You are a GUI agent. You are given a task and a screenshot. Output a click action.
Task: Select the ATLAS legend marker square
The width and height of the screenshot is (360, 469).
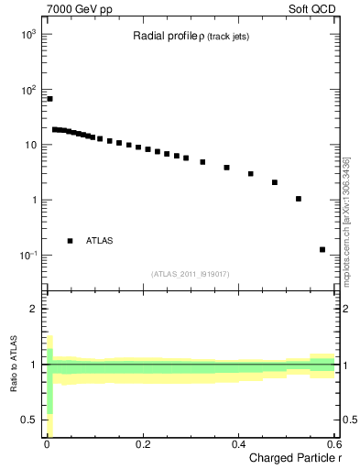(x=70, y=241)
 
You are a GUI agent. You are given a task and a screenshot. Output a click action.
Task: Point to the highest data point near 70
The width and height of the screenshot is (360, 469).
(x=49, y=99)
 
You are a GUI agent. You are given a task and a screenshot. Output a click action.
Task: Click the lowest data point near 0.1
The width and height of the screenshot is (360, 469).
(x=322, y=249)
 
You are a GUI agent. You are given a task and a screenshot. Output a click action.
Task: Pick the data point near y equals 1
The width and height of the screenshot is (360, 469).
(x=299, y=199)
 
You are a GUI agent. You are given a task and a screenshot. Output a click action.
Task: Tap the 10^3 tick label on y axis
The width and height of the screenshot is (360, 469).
(x=27, y=35)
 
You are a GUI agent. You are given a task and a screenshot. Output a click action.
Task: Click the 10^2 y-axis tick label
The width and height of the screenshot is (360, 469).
(x=27, y=90)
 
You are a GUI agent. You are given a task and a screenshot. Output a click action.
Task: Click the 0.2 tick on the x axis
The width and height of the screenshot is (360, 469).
(x=142, y=444)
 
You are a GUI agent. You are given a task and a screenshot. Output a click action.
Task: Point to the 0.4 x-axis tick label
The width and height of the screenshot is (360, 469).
(x=238, y=444)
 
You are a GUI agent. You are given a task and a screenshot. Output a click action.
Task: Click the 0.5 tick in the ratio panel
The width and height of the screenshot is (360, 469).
(x=31, y=420)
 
